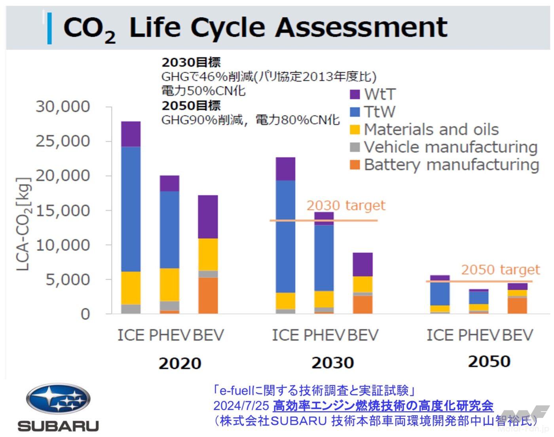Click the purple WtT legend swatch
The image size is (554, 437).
355,94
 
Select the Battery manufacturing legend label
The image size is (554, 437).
451,165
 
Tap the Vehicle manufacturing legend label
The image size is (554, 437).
450,147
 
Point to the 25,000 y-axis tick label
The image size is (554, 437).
63,141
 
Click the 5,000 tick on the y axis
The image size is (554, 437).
68,279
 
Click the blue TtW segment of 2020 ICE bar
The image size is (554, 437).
131,209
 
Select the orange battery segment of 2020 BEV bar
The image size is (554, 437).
208,295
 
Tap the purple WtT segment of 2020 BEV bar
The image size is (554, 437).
208,217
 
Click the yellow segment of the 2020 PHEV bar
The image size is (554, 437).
169,285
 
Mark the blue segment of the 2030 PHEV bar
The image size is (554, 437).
324,258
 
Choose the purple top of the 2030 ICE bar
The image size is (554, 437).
285,169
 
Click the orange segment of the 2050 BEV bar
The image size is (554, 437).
517,306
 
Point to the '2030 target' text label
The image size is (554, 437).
345,206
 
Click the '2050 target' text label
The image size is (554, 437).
500,270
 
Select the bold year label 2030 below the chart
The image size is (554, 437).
332,363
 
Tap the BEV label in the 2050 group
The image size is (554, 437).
518,335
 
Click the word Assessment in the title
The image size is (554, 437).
361,28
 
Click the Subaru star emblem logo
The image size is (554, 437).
58,399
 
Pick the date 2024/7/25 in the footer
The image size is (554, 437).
241,406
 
